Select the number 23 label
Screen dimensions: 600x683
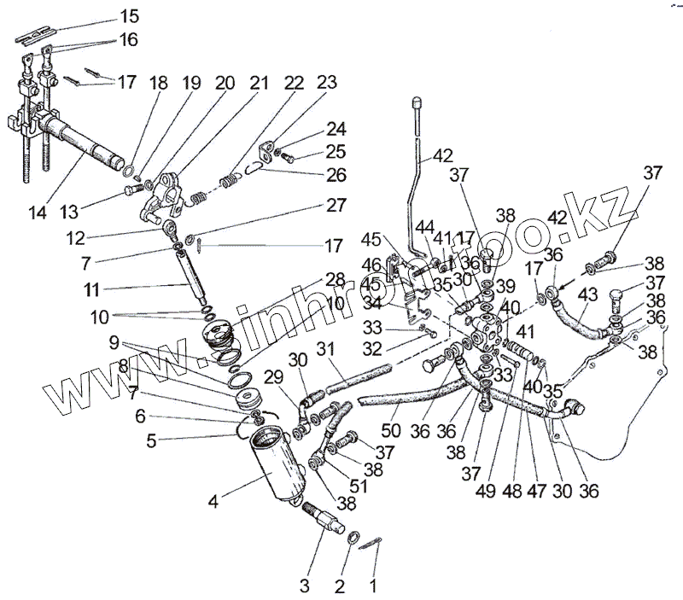click(326, 82)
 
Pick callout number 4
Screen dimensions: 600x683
click(213, 501)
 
